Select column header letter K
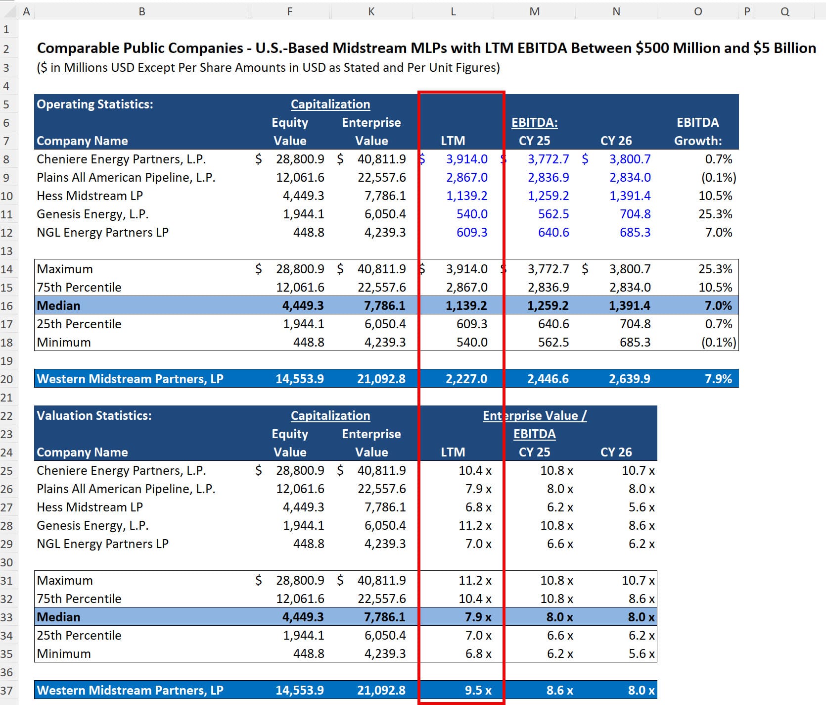371,11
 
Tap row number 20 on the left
6,379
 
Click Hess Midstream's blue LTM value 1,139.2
466,196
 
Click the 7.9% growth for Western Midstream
718,379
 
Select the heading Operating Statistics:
95,104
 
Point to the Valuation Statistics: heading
94,415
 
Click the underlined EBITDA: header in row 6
534,122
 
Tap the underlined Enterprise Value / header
534,415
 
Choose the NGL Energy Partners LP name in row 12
102,232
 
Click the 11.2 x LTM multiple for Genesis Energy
474,525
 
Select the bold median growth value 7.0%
718,305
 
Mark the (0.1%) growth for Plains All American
718,177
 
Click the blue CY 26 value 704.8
635,214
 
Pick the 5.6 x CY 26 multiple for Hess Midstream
641,507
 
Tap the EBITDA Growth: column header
697,132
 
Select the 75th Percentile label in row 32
79,599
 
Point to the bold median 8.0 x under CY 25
559,617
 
